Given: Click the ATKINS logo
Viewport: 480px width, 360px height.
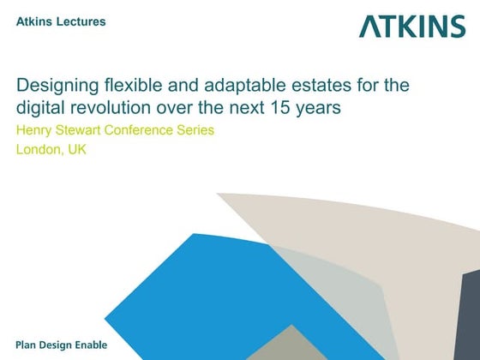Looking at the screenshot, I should point(412,26).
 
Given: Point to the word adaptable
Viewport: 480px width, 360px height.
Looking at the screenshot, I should point(243,87).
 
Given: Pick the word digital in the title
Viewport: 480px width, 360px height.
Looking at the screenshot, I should point(39,108).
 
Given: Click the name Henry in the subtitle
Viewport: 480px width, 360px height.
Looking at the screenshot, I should point(36,131).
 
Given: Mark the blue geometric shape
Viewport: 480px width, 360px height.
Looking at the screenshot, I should point(197,291).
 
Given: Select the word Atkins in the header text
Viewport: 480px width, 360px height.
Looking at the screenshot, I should point(34,21).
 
